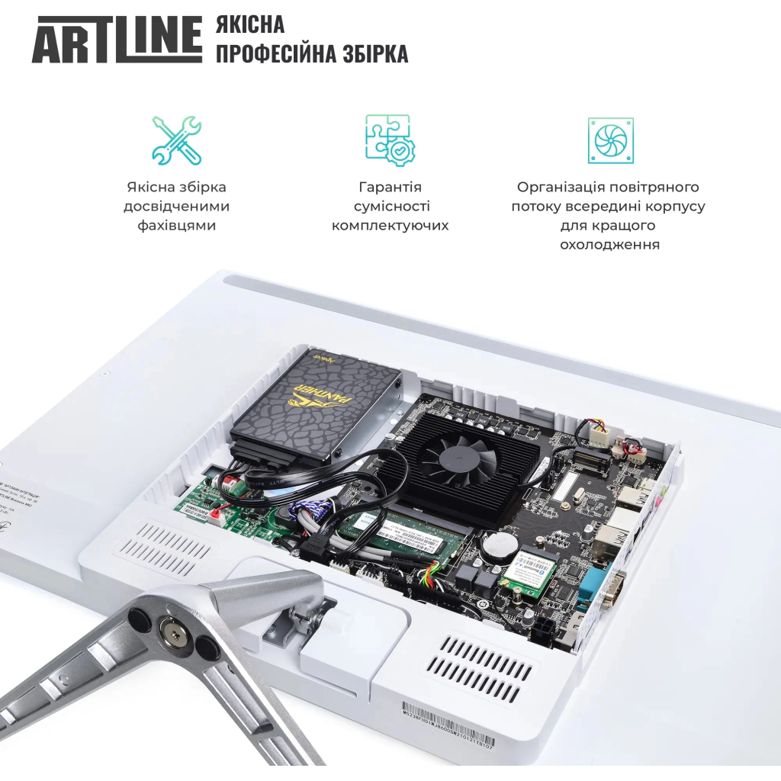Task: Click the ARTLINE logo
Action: (x=116, y=39)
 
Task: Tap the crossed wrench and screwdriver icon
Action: (x=176, y=140)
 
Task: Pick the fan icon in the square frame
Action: (x=610, y=140)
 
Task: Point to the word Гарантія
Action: (x=390, y=187)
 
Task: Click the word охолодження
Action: (x=609, y=245)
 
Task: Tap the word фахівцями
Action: (x=176, y=226)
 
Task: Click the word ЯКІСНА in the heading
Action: (x=250, y=24)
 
